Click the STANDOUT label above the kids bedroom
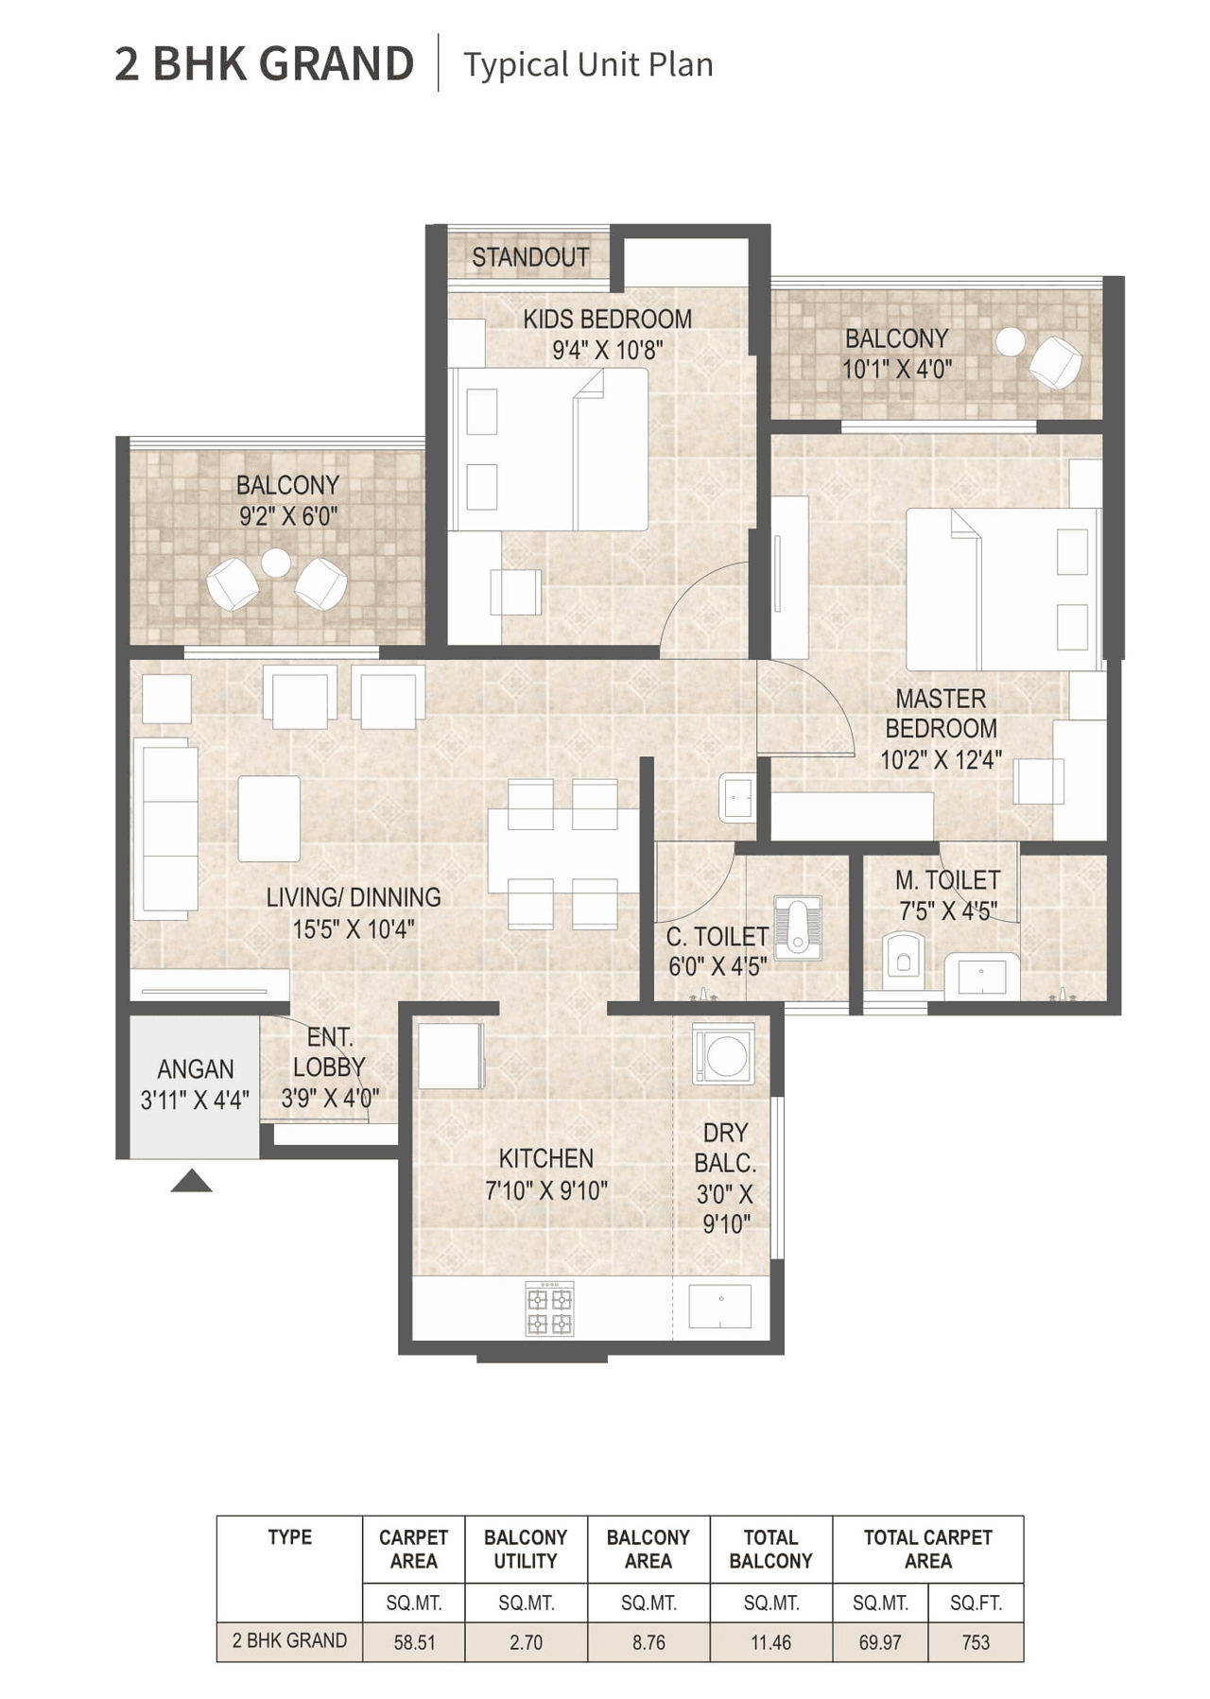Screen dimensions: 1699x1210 [x=530, y=257]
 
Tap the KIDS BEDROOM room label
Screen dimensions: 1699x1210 [x=607, y=320]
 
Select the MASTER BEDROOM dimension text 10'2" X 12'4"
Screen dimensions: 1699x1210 [x=941, y=760]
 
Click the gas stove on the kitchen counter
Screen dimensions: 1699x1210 [x=549, y=1309]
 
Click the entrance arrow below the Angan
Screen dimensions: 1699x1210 [x=191, y=1181]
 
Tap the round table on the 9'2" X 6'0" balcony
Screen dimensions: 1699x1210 [x=276, y=563]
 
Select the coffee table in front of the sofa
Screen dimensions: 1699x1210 [x=268, y=818]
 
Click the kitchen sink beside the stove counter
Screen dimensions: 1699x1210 [x=720, y=1306]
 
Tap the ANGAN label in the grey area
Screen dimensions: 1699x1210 [x=196, y=1069]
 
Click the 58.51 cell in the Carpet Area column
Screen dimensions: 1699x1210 [x=414, y=1642]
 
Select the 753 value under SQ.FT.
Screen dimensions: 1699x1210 [x=976, y=1642]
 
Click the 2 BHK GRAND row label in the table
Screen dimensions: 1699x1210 [x=289, y=1640]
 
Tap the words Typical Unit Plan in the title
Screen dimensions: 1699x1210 [x=588, y=64]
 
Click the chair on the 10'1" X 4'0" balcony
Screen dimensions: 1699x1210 [x=1054, y=362]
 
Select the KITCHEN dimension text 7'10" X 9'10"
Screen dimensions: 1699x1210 [x=546, y=1191]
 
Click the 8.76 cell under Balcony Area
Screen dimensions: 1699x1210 [x=648, y=1642]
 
